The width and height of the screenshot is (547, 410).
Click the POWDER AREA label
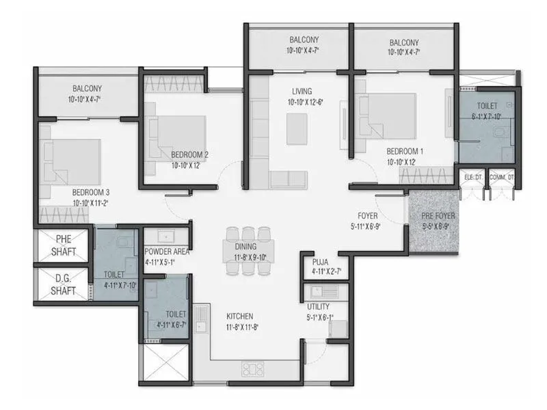pyautogui.click(x=167, y=251)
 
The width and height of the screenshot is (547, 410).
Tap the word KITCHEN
pyautogui.click(x=240, y=316)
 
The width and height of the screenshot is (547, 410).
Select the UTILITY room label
pyautogui.click(x=318, y=308)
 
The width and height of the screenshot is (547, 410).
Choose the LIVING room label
pyautogui.click(x=301, y=91)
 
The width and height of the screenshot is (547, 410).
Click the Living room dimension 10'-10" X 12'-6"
pyautogui.click(x=301, y=102)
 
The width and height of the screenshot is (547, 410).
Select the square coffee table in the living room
pyautogui.click(x=296, y=128)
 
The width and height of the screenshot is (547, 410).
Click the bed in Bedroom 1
pyautogui.click(x=386, y=113)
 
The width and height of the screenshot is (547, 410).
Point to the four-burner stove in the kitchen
pyautogui.click(x=252, y=369)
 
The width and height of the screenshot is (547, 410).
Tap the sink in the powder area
pyautogui.click(x=165, y=236)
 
